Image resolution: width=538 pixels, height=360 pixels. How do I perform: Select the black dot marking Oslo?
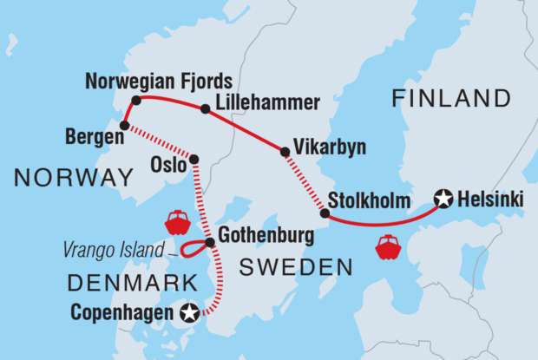point(194,160)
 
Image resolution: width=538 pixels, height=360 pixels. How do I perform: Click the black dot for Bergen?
point(124,126)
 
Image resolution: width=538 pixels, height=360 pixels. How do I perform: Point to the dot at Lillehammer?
point(206,109)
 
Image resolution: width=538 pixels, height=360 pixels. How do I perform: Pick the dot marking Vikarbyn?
point(285,153)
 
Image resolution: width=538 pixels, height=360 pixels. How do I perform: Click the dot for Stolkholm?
point(325,213)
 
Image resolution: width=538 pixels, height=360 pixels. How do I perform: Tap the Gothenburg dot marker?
point(210,242)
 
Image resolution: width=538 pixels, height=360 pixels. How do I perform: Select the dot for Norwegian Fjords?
point(136,100)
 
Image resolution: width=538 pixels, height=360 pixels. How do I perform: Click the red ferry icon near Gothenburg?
point(177,222)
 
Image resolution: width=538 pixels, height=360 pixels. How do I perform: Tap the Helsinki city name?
point(492,200)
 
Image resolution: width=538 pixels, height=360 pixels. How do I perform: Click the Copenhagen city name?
point(127,311)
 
